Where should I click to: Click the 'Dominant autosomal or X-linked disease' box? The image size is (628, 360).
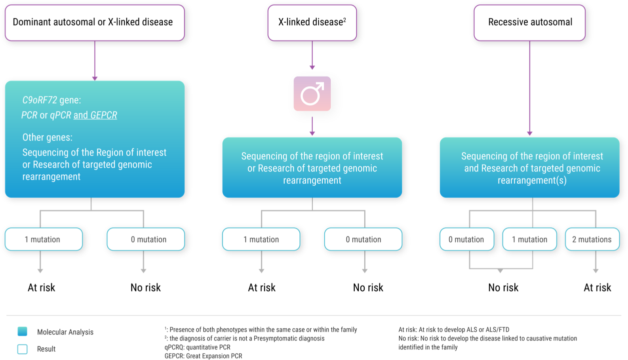(x=95, y=23)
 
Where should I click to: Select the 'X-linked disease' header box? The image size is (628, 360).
(x=312, y=23)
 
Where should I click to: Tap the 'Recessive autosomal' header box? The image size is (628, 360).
(x=529, y=23)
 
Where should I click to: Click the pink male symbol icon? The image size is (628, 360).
(x=312, y=94)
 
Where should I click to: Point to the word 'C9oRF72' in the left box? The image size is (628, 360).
(x=40, y=100)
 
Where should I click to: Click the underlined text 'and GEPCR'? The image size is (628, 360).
(x=95, y=115)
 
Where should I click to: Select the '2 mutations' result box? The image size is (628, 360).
(x=592, y=239)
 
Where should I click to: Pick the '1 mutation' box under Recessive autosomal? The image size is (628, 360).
(x=529, y=239)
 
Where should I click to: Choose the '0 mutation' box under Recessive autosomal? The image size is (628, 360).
(x=466, y=239)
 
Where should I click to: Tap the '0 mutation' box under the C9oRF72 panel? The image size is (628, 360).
(x=146, y=239)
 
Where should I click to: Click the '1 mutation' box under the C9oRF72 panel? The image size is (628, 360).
(x=44, y=239)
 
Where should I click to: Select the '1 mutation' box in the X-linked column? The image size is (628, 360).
(x=261, y=239)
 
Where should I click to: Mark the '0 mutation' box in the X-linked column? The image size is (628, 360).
(x=363, y=239)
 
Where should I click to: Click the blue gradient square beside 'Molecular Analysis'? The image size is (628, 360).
(x=23, y=331)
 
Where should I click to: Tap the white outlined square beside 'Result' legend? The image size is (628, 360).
(x=23, y=349)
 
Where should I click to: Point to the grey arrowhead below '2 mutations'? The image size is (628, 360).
(x=596, y=271)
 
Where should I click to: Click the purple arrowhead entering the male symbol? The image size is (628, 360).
(x=312, y=68)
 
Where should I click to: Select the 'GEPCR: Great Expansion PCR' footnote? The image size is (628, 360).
(x=203, y=356)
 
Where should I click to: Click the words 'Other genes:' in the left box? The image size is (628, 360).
(x=48, y=137)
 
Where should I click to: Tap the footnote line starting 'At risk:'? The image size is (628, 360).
(x=454, y=330)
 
